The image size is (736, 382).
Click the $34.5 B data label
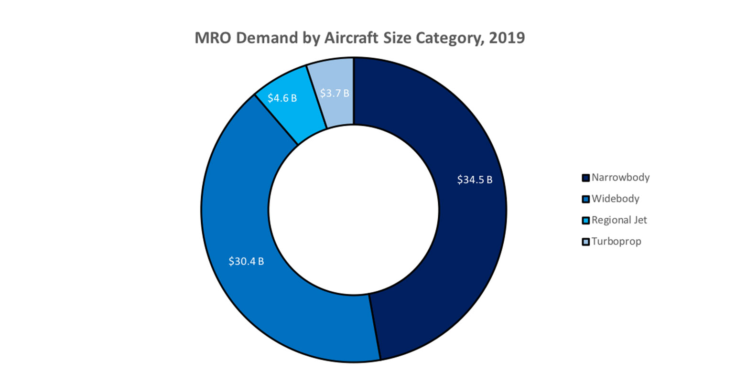pos(475,180)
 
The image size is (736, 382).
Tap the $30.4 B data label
pos(246,262)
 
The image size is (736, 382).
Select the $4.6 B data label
pos(282,98)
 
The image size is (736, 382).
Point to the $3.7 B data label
pos(335,93)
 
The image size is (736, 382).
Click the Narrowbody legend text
pos(620,178)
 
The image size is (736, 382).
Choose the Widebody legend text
pos(615,199)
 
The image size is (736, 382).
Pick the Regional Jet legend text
pos(619,220)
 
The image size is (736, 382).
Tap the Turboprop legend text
pos(616,241)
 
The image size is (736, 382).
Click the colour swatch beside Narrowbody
pos(585,178)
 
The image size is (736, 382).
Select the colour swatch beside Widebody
pos(585,199)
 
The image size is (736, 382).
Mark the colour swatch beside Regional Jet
pos(585,221)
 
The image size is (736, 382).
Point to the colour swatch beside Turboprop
pos(585,242)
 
